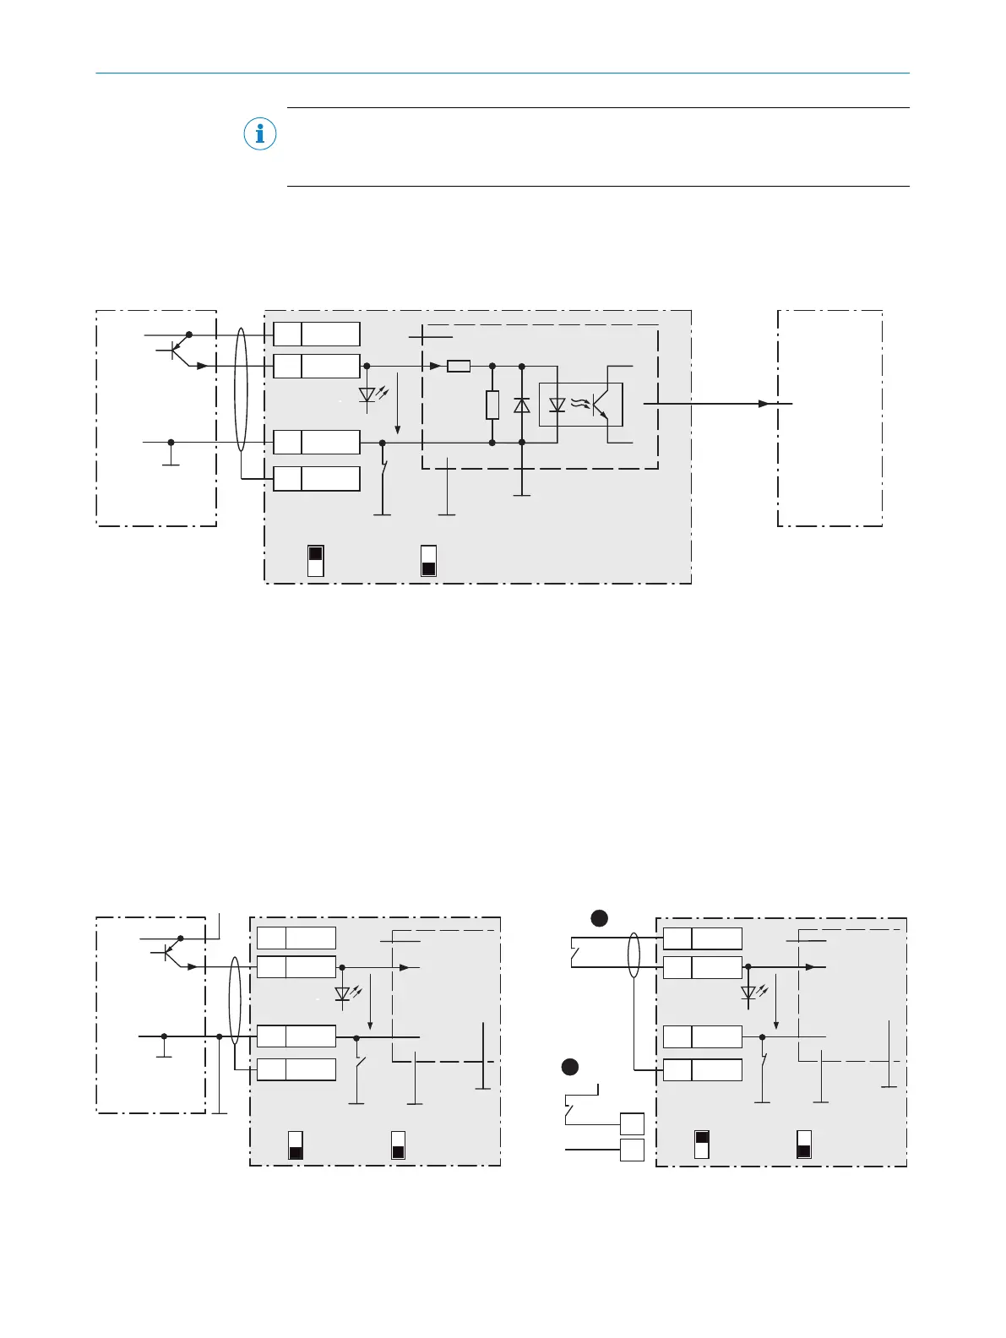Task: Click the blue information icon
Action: point(260,133)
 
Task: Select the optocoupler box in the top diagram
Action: point(581,405)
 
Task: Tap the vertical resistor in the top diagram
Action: point(492,405)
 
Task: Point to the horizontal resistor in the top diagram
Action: point(459,366)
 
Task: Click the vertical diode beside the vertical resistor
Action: point(522,405)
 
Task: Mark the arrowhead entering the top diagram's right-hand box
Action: point(764,404)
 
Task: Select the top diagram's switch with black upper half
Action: point(315,561)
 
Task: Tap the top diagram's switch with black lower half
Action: point(428,561)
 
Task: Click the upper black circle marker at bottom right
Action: point(599,917)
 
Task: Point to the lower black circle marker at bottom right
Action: point(570,1067)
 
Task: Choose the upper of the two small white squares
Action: point(632,1123)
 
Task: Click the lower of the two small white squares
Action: point(632,1150)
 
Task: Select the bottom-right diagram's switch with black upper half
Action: point(701,1145)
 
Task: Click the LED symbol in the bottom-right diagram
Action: point(748,993)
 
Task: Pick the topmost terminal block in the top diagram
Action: point(317,334)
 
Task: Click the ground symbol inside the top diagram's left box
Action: point(171,457)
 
